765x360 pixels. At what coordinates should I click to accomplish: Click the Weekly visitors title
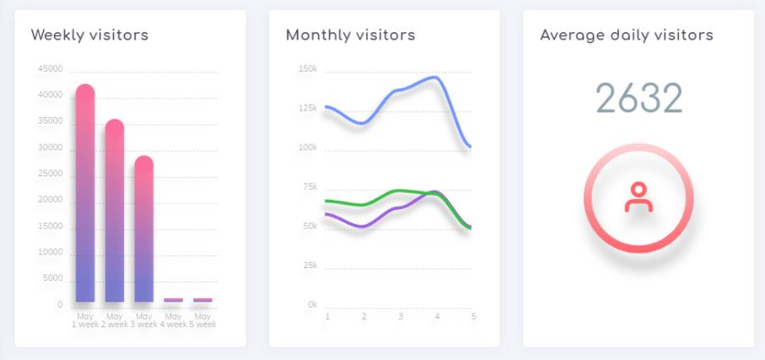(89, 35)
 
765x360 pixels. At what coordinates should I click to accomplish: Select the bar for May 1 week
(85, 194)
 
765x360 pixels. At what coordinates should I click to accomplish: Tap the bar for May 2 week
(115, 211)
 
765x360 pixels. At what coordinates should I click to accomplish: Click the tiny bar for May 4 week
(174, 299)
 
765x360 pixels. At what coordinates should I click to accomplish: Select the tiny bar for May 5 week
(202, 299)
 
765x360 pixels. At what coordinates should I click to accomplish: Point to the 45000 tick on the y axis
(51, 69)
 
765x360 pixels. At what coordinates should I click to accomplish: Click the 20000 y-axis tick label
(51, 201)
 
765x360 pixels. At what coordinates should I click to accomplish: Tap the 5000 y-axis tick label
(54, 279)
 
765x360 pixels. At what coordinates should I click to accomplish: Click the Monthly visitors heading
(350, 35)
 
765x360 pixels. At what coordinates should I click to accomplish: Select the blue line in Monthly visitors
(400, 89)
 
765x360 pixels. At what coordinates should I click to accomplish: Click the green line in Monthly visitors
(400, 191)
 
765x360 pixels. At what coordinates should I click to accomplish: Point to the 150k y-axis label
(308, 69)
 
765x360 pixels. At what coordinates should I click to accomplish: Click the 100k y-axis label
(308, 148)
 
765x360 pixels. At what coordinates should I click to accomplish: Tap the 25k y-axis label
(310, 266)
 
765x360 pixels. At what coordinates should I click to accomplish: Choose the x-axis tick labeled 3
(401, 317)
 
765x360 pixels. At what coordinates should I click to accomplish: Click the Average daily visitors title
(626, 35)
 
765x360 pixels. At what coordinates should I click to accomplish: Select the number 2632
(638, 99)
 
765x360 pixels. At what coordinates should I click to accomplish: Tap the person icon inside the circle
(638, 197)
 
